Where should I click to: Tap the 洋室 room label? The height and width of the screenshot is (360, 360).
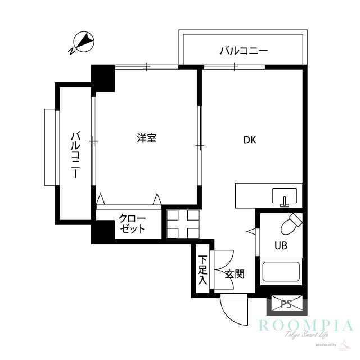147,138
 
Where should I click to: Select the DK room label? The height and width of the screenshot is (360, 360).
250,141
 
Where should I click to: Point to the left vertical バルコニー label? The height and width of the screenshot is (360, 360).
75,155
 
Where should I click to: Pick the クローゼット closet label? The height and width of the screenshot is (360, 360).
132,224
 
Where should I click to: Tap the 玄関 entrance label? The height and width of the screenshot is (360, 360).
234,274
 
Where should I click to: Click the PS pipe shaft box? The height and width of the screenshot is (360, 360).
286,304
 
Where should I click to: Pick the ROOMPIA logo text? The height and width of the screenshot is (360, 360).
305,325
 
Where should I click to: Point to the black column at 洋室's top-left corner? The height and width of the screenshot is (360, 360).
103,78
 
